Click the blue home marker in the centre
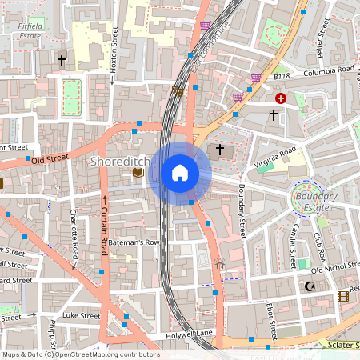pos(180,172)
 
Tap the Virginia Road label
pos(275,150)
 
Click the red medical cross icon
pos(281,98)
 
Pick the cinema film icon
pos(343,297)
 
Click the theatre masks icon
pos(178,92)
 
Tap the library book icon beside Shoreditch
pos(138,172)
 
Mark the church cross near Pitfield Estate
pos(61,60)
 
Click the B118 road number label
pos(282,76)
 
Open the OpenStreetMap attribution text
pos(80,354)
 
